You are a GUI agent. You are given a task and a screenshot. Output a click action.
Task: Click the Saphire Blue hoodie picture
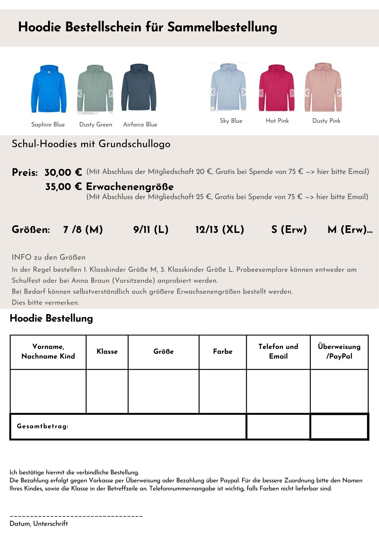[49, 88]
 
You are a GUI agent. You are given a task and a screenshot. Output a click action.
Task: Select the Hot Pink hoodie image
[276, 88]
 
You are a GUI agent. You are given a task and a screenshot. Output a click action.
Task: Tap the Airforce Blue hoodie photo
[139, 87]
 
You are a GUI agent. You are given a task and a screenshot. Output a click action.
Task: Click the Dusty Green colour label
[96, 124]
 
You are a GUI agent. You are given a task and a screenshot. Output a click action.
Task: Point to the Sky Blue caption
[231, 121]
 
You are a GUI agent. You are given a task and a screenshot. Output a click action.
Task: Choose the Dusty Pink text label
[326, 121]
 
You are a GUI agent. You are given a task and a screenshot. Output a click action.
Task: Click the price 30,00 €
[63, 172]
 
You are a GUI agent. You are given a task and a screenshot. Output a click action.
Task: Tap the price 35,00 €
[64, 187]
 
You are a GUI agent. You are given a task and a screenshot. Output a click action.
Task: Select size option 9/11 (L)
[151, 229]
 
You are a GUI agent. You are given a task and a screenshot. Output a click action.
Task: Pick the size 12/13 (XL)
[220, 229]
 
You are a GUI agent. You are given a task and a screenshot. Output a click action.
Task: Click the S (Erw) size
[289, 229]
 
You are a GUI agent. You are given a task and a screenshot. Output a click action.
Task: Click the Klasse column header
[107, 351]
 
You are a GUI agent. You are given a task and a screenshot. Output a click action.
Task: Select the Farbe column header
[222, 351]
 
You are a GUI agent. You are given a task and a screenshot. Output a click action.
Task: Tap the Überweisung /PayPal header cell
[339, 351]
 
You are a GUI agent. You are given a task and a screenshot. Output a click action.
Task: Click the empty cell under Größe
[164, 391]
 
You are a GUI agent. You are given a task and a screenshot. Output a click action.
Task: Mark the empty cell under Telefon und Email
[278, 391]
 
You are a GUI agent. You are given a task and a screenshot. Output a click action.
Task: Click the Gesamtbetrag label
[43, 426]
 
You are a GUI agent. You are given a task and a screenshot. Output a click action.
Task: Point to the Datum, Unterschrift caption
[39, 523]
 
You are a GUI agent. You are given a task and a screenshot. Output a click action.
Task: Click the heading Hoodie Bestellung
[51, 318]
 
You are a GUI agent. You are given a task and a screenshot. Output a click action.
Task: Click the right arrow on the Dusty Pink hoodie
[339, 93]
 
